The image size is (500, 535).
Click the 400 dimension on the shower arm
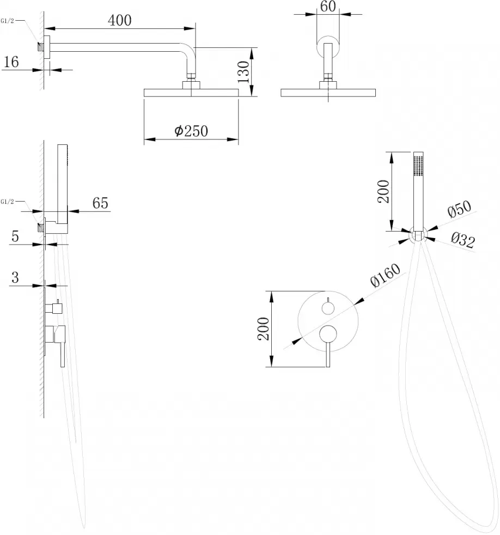click(120, 21)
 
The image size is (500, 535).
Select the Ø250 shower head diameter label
click(191, 131)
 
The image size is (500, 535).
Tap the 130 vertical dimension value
click(243, 72)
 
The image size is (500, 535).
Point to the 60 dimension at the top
click(328, 6)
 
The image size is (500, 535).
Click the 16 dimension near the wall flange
click(11, 62)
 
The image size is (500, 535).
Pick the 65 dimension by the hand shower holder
click(100, 203)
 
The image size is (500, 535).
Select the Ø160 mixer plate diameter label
click(386, 275)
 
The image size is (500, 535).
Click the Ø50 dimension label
click(459, 209)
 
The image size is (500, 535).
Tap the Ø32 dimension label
click(463, 240)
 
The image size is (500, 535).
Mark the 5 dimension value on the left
click(15, 236)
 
